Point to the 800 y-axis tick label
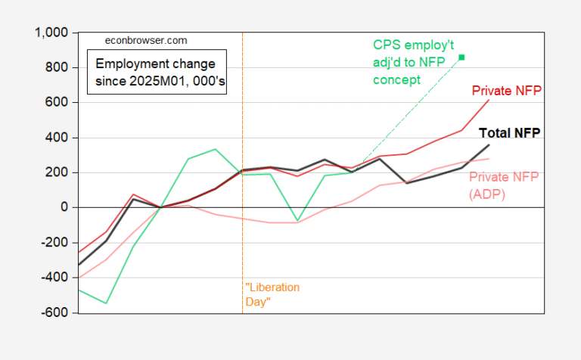click(x=57, y=68)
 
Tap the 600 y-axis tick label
click(x=57, y=102)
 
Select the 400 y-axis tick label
click(x=57, y=138)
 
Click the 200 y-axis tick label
click(x=57, y=172)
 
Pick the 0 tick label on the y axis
click(x=64, y=207)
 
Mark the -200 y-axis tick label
click(x=55, y=243)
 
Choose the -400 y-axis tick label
click(x=55, y=278)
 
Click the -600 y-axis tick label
click(x=55, y=312)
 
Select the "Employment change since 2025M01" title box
click(x=154, y=72)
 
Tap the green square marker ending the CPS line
click(x=461, y=57)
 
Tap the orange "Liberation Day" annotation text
click(x=272, y=294)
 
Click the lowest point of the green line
click(x=107, y=303)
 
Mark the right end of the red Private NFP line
click(x=489, y=100)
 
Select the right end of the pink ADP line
click(x=489, y=159)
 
